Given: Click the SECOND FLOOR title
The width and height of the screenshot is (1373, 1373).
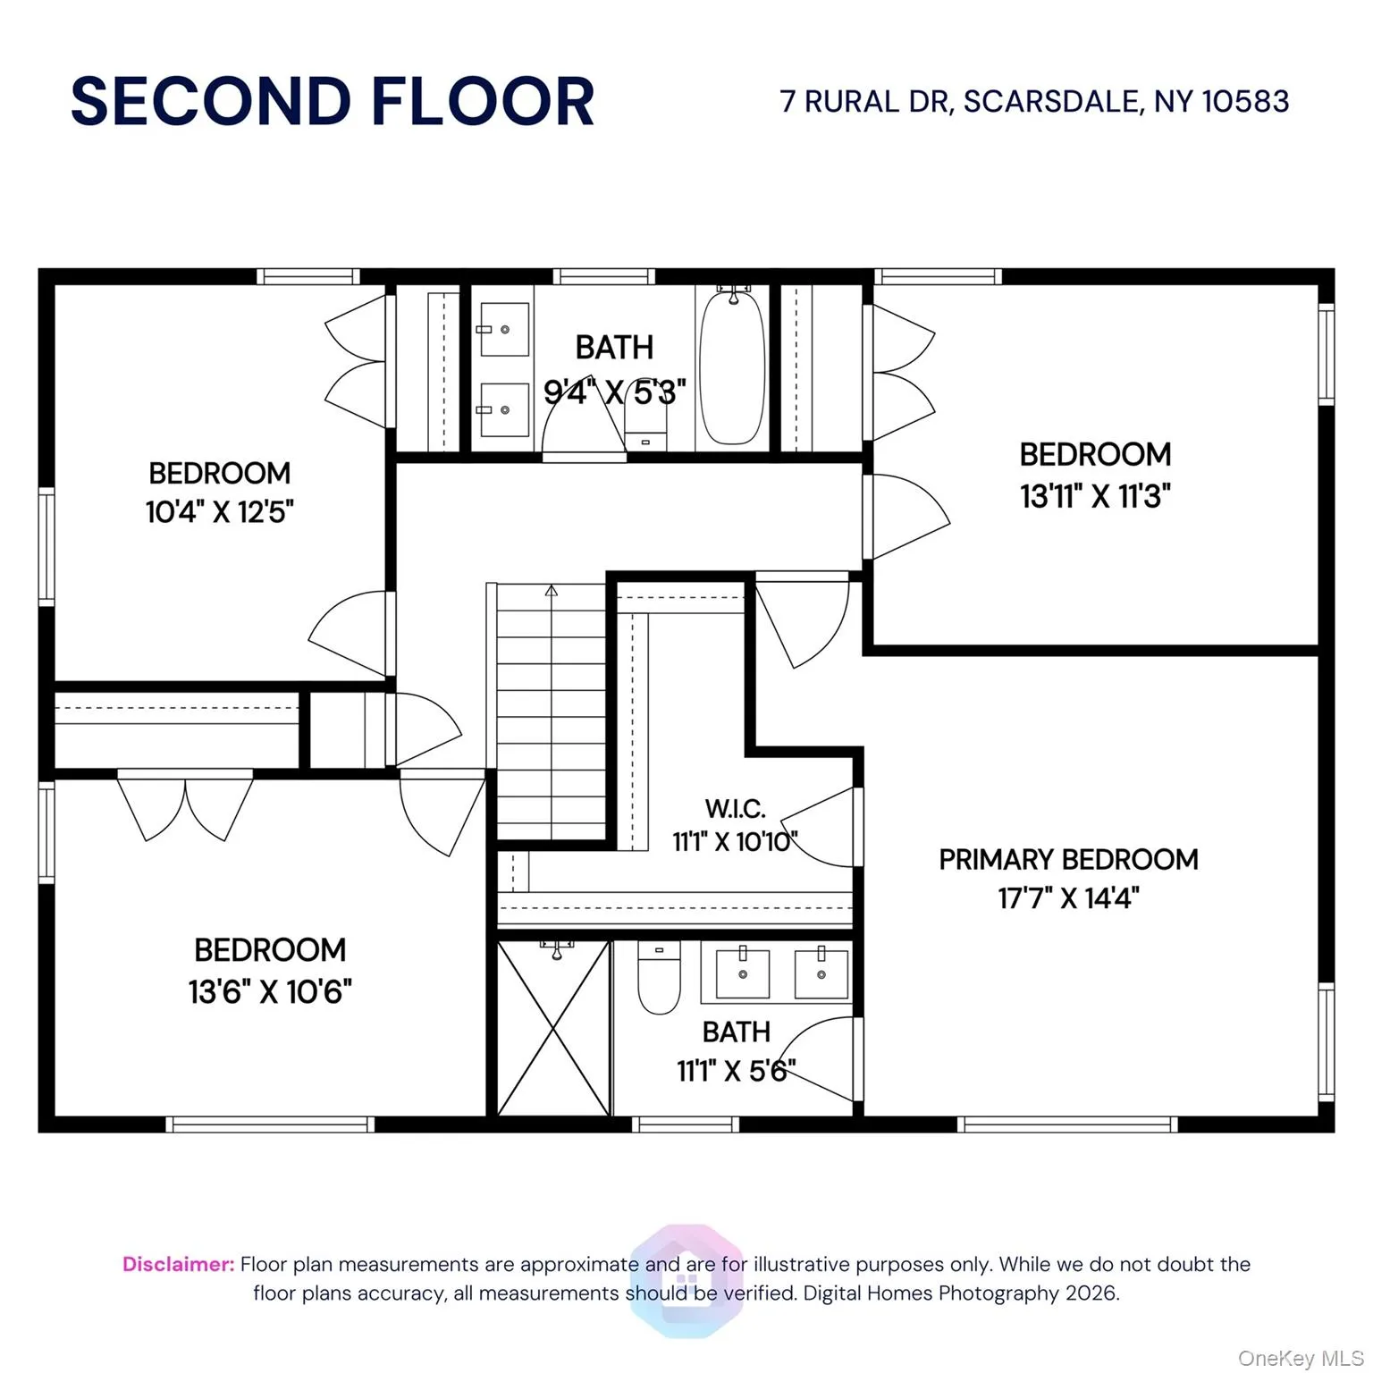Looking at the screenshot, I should tap(332, 101).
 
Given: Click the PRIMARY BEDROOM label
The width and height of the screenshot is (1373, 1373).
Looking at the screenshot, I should tap(1068, 859).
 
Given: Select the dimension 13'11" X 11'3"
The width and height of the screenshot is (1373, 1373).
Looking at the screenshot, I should tap(1095, 495).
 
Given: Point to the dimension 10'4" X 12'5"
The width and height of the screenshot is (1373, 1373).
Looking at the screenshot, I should tap(220, 512).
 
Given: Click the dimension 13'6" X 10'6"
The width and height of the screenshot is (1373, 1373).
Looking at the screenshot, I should tap(270, 991).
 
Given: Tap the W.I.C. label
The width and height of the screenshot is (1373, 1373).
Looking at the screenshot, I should tap(735, 809).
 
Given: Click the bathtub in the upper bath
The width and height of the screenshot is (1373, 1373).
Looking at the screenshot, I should tap(732, 366).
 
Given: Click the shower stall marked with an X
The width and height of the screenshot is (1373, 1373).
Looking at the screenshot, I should tap(553, 1028).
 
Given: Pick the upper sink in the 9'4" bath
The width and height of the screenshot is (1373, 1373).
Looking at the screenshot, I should tap(504, 330).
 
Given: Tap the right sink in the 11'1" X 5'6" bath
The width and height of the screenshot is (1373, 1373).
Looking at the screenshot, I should tap(821, 973).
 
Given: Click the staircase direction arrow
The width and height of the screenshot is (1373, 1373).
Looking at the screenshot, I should tap(552, 591).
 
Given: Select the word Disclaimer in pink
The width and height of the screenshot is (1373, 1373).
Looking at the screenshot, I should tap(178, 1264).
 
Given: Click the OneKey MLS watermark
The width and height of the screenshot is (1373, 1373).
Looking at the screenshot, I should tap(1301, 1359).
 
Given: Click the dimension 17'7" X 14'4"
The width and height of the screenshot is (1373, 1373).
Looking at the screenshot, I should tap(1068, 898).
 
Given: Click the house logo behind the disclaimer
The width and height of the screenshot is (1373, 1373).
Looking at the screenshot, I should tap(686, 1280).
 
